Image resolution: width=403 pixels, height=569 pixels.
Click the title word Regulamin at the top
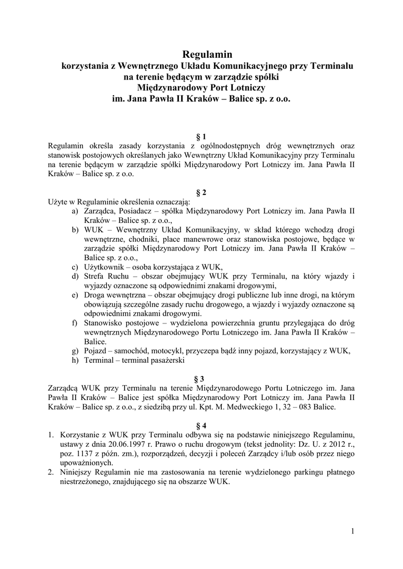(207, 54)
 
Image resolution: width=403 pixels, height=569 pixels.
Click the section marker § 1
(202, 136)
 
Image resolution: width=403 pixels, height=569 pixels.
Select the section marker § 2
(202, 193)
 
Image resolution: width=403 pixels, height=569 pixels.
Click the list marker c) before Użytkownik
(75, 266)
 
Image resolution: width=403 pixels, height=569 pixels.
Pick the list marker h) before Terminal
(75, 360)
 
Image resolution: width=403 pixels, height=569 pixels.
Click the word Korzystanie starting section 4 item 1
(83, 435)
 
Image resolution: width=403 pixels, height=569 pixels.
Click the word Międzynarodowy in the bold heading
(172, 87)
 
